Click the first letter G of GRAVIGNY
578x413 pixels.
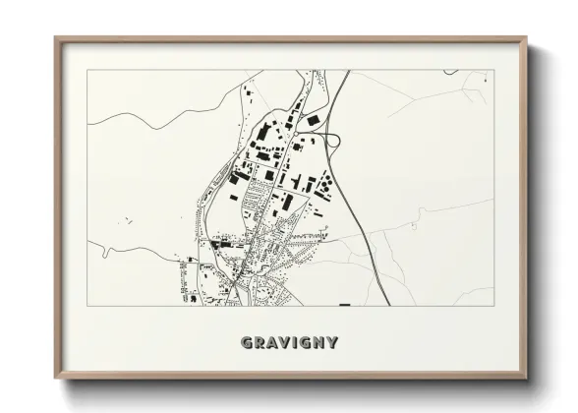click(246, 343)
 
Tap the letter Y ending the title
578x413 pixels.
click(333, 343)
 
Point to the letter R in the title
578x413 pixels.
click(259, 343)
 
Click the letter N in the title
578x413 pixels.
click(320, 343)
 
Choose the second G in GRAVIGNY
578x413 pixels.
click(306, 343)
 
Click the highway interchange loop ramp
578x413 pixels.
click(333, 141)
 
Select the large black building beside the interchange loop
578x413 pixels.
click(313, 120)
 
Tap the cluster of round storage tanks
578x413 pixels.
click(323, 183)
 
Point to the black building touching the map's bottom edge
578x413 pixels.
click(344, 304)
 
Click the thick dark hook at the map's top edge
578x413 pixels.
click(450, 71)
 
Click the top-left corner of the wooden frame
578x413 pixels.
click(55, 38)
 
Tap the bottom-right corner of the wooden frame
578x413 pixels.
click(526, 378)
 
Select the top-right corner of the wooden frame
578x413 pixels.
click(526, 38)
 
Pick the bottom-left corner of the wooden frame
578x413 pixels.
click(55, 378)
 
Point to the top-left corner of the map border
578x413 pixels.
click(87, 70)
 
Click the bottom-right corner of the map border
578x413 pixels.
click(493, 305)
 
